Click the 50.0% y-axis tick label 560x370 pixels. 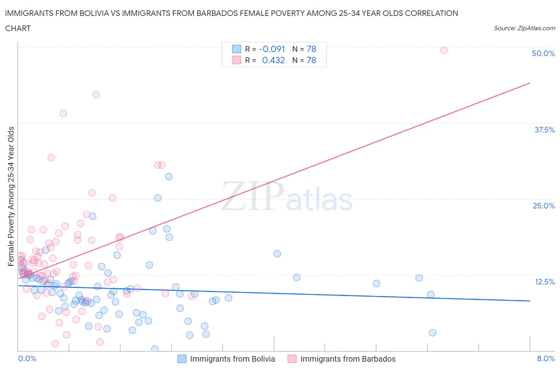click(543, 53)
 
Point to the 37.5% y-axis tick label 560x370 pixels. click(544, 130)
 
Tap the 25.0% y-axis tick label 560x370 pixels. click(544, 206)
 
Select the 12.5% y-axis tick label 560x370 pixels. click(544, 282)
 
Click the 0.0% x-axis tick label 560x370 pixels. click(27, 358)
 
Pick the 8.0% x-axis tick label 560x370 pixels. click(546, 358)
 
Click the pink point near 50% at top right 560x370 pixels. click(444, 50)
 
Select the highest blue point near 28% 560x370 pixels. click(168, 177)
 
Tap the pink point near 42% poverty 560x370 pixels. click(96, 95)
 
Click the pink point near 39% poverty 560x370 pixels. click(63, 113)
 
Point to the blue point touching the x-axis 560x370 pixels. click(155, 349)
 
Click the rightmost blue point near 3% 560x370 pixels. click(433, 333)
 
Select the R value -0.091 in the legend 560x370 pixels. click(272, 49)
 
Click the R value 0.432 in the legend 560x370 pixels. click(273, 60)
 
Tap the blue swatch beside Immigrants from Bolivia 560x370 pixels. click(182, 359)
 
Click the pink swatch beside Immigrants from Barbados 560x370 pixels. click(292, 359)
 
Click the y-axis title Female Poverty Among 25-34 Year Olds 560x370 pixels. click(11, 196)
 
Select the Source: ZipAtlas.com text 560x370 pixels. click(524, 28)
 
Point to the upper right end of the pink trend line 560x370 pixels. click(529, 83)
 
